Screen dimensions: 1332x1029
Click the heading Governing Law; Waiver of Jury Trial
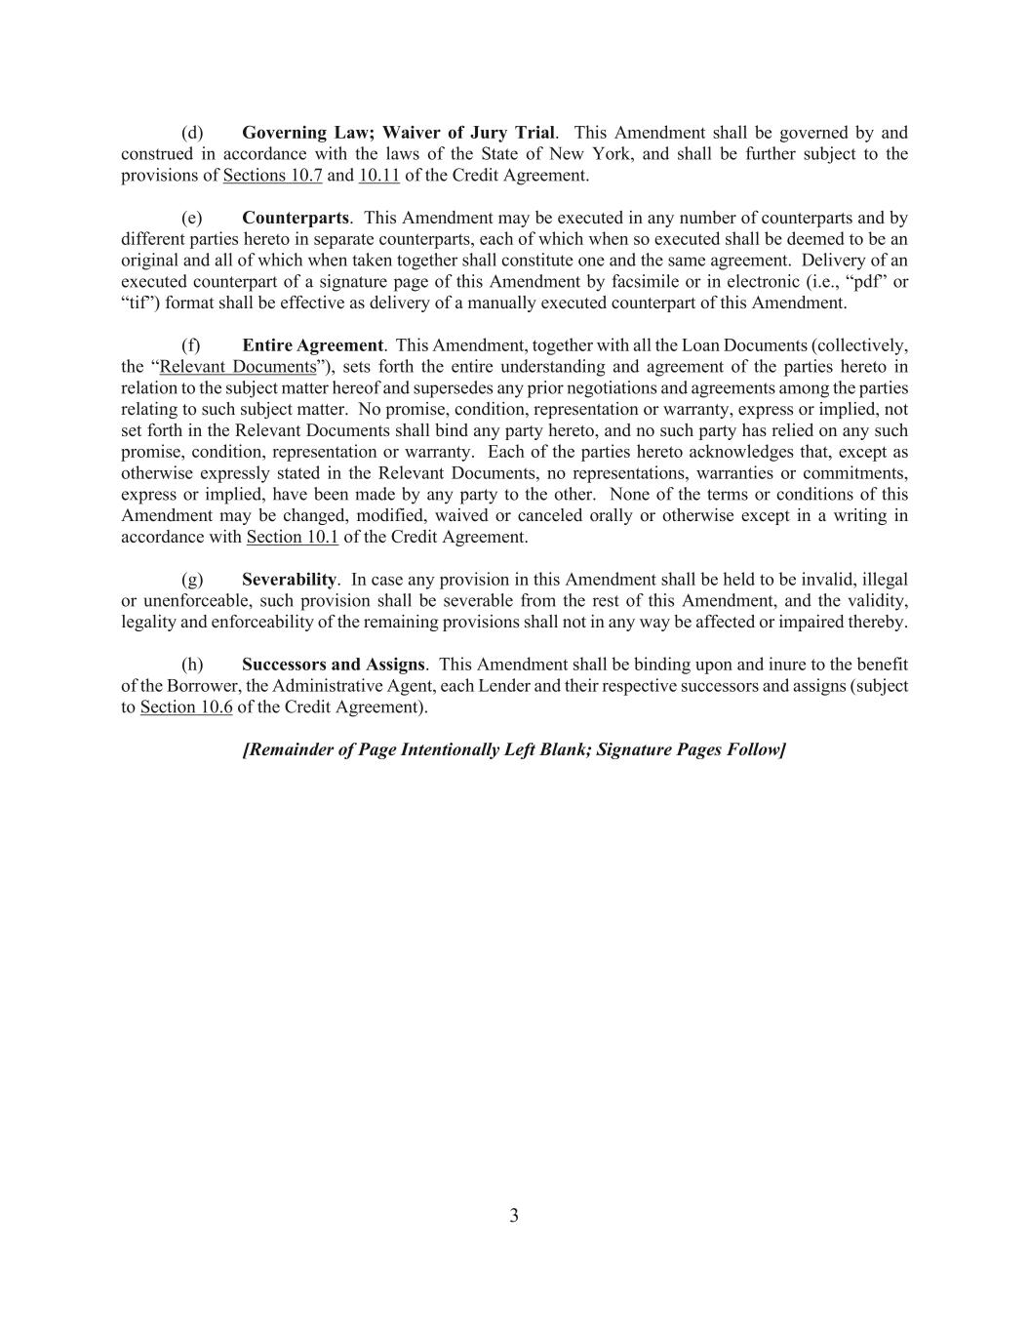coord(399,133)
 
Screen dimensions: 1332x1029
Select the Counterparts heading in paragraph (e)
coord(295,218)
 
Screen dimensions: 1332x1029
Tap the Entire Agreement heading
coord(312,345)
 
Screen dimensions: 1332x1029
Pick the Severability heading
coord(289,580)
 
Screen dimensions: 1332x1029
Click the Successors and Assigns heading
coord(333,665)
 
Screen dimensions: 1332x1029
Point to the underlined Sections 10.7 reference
coord(273,176)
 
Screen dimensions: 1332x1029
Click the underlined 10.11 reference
coord(379,176)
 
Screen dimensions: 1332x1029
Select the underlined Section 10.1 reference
coord(293,537)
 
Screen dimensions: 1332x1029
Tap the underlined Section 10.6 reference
coord(186,707)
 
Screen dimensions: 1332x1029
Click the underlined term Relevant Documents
coord(238,367)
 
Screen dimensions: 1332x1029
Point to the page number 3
coord(514,1216)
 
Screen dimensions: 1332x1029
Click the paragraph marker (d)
coord(192,133)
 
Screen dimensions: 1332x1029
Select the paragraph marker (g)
coord(192,580)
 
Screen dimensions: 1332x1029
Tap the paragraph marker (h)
coord(192,665)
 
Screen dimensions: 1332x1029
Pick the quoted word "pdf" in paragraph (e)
coord(859,282)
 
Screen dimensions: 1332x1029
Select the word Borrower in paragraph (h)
coord(192,686)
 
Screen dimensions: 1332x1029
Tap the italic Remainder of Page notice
coord(514,749)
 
